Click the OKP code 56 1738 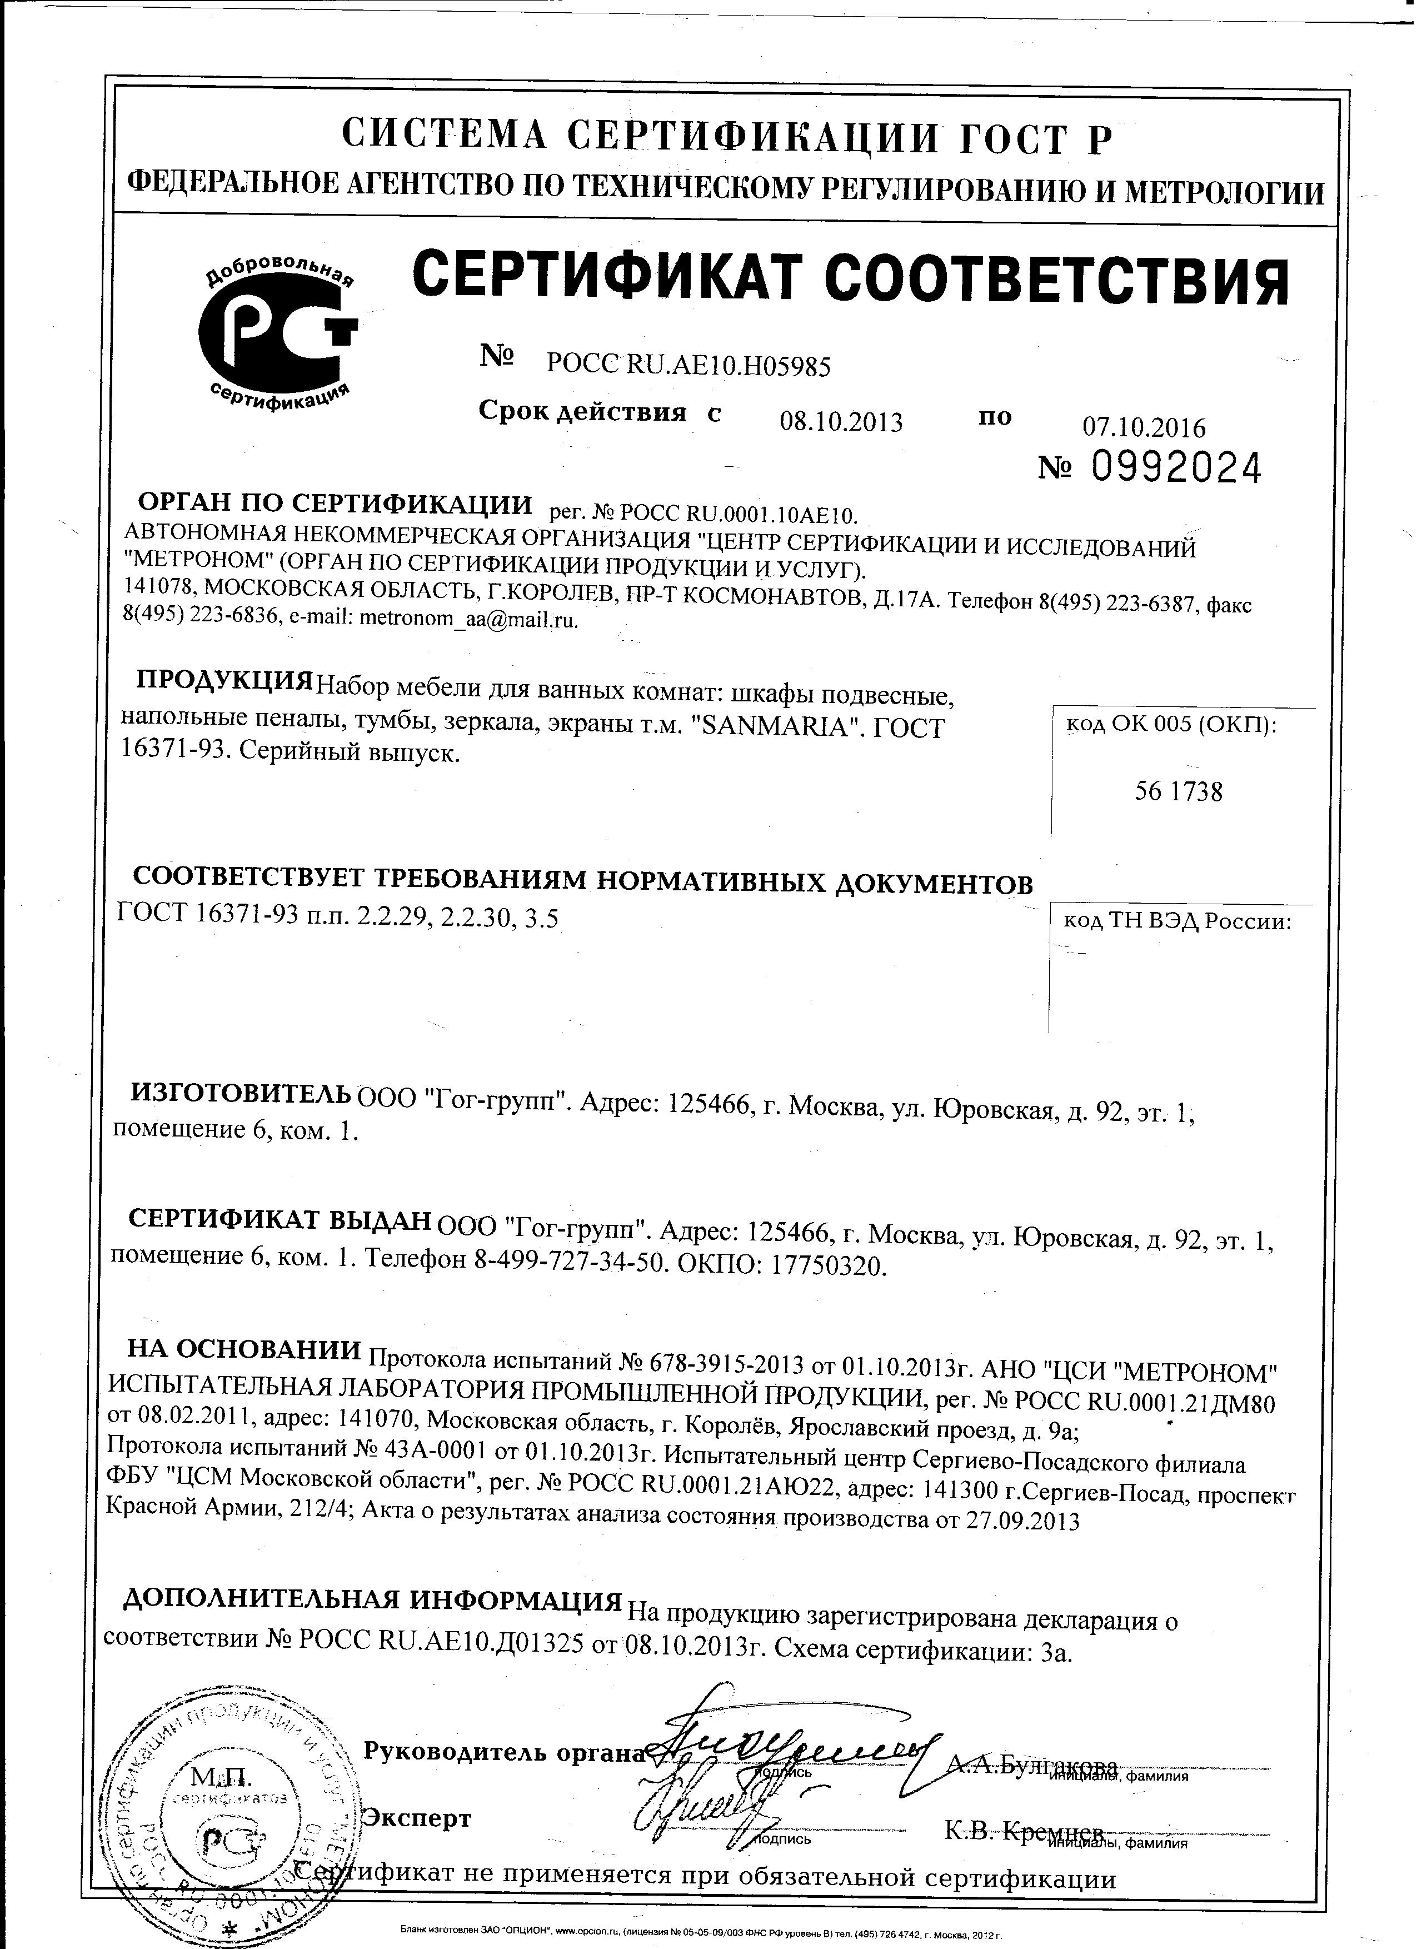tap(1178, 791)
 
